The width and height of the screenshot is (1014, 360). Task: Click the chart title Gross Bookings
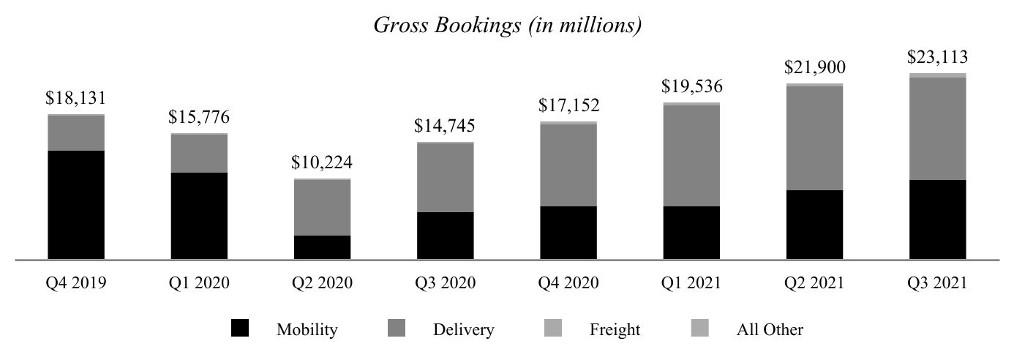tap(507, 26)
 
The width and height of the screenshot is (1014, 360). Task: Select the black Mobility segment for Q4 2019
tap(76, 205)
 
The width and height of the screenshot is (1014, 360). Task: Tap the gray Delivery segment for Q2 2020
tap(322, 208)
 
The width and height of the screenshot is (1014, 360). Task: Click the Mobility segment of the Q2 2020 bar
tap(322, 247)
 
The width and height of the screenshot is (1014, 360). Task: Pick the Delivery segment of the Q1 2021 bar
tap(691, 156)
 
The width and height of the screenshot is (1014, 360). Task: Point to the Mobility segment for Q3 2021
tap(937, 220)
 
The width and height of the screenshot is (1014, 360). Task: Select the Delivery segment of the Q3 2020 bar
tap(445, 178)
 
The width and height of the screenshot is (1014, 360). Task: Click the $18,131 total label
tap(76, 99)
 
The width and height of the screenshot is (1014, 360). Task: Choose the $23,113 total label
tap(937, 57)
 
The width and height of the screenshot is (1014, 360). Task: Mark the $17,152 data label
tap(568, 105)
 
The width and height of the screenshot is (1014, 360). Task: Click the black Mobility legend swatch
tap(239, 329)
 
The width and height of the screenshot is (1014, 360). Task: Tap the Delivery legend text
tap(463, 330)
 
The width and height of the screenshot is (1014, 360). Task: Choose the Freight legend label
tap(615, 330)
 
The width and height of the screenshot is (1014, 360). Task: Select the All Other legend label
tap(769, 330)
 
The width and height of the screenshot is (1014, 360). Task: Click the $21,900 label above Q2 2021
tap(814, 68)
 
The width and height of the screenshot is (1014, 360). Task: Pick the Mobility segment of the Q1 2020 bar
tap(199, 216)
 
